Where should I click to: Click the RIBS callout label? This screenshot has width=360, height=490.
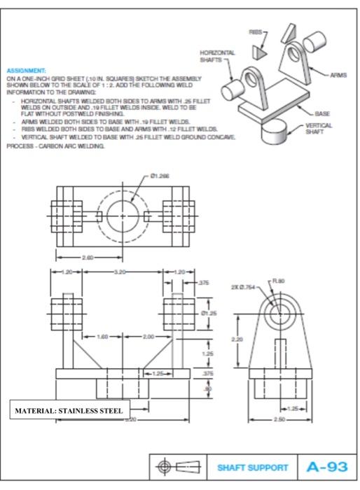256,31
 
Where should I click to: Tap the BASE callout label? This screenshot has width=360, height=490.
323,112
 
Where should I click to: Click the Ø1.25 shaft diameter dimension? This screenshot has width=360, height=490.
202,312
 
